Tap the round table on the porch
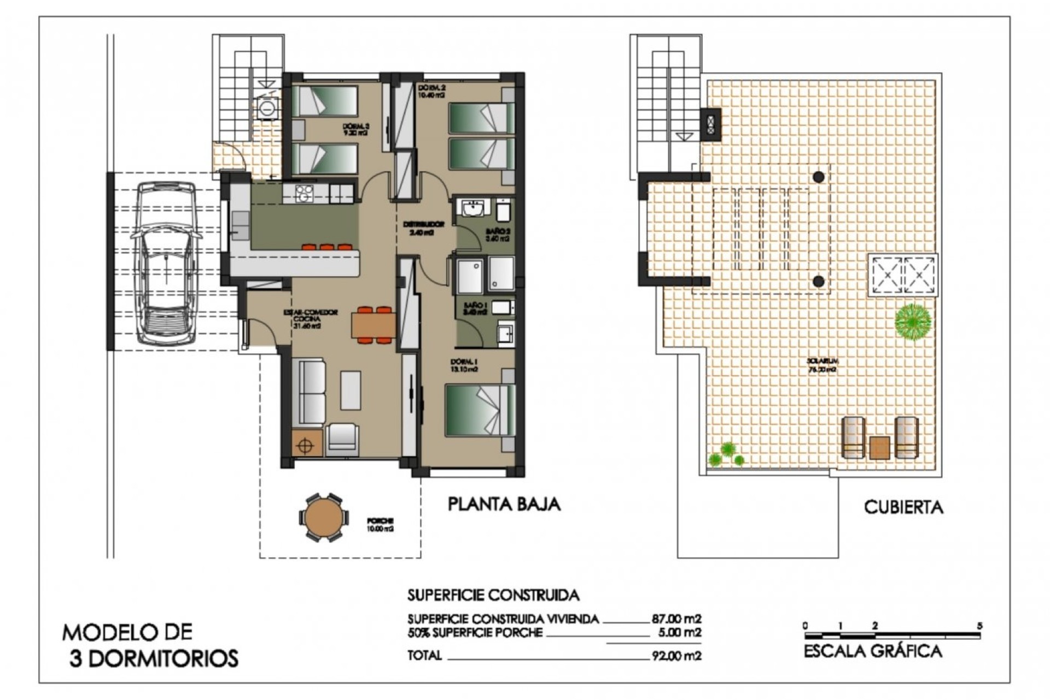(323, 517)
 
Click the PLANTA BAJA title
(504, 504)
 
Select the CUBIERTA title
(903, 507)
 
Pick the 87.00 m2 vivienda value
(676, 619)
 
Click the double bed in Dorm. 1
(480, 410)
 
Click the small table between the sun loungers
(879, 447)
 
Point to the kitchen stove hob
(304, 193)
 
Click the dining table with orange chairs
(374, 325)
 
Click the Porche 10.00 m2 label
(381, 524)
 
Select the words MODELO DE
(127, 633)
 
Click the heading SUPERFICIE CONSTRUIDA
(493, 595)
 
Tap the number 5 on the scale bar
(980, 626)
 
